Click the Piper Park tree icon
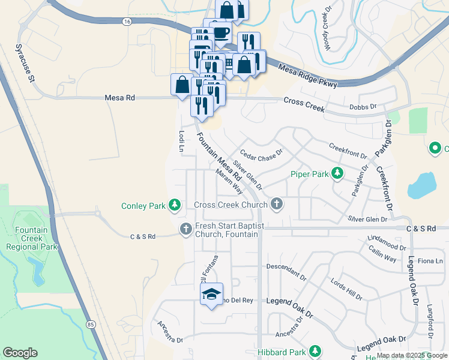pyautogui.click(x=337, y=174)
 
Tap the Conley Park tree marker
pyautogui.click(x=175, y=206)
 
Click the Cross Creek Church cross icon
pyautogui.click(x=276, y=205)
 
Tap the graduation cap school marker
pyautogui.click(x=211, y=294)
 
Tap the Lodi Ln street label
pyautogui.click(x=181, y=142)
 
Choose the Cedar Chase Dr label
pyautogui.click(x=261, y=155)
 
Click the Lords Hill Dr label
pyautogui.click(x=346, y=289)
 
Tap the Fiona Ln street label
pyautogui.click(x=430, y=261)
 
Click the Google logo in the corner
pyautogui.click(x=20, y=353)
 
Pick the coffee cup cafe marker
pyautogui.click(x=221, y=32)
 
